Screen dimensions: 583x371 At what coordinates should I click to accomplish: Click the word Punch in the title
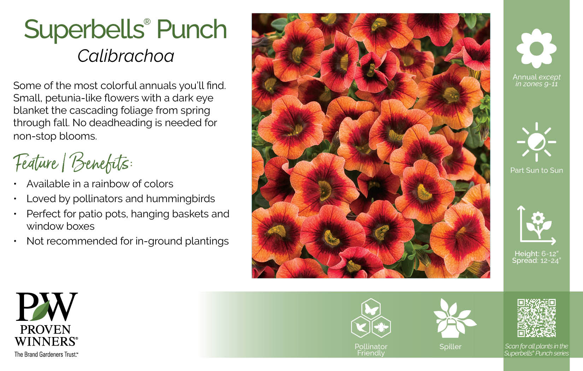click(192, 29)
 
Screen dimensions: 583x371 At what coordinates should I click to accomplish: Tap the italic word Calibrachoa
click(126, 56)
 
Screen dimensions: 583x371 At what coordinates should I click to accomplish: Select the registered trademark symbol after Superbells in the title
click(147, 22)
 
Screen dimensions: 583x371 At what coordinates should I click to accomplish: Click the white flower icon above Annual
click(536, 48)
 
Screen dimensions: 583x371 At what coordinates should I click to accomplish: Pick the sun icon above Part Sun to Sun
click(536, 142)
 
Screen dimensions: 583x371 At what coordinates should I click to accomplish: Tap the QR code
click(536, 318)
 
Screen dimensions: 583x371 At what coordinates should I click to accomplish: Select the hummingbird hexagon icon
click(361, 327)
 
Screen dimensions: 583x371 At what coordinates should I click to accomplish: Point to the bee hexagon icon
click(381, 327)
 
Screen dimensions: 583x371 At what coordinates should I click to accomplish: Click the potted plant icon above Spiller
click(453, 319)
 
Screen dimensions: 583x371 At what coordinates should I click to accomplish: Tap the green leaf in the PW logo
click(42, 311)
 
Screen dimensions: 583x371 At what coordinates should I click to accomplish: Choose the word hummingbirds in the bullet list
click(180, 199)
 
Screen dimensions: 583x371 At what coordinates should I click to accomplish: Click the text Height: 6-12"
click(536, 254)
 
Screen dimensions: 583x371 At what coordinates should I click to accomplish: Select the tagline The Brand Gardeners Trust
click(46, 354)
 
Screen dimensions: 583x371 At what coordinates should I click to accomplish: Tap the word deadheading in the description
click(120, 123)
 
